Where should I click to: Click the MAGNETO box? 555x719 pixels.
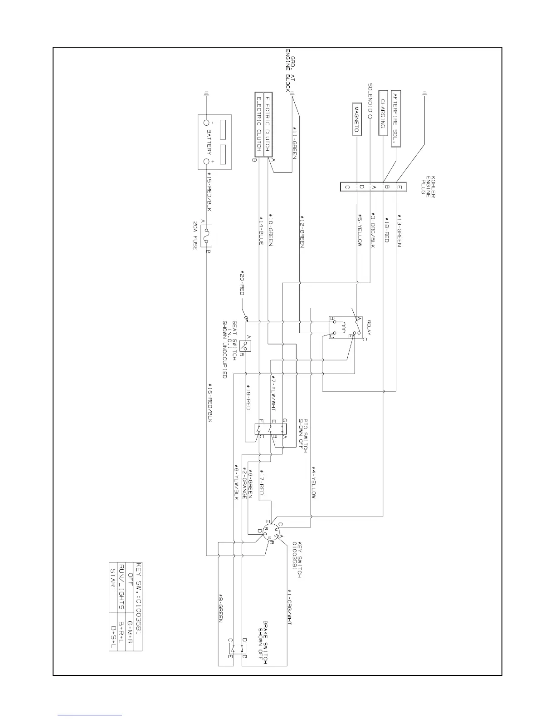[356, 119]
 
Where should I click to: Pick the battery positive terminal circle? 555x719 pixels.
[207, 162]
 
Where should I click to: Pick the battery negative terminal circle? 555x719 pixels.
[207, 123]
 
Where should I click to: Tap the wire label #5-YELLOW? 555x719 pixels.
[360, 230]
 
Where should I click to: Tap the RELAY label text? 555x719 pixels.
[369, 327]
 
